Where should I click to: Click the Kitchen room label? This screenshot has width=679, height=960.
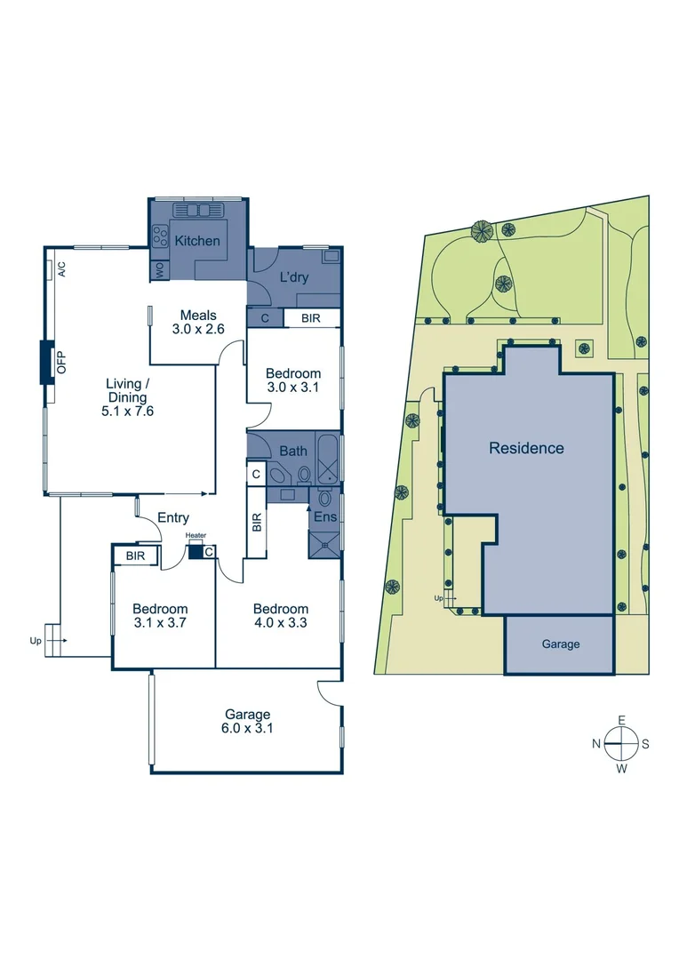click(x=196, y=241)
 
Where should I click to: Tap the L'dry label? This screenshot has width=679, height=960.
click(x=294, y=277)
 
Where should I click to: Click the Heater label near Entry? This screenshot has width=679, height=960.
click(x=196, y=536)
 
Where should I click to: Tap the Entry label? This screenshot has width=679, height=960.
click(x=172, y=517)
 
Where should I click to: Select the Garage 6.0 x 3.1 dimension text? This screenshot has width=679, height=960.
click(x=247, y=728)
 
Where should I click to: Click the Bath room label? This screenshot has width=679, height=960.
click(x=293, y=451)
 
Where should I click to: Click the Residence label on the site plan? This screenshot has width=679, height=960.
click(x=526, y=448)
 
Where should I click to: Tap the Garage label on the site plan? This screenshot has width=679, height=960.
click(x=560, y=644)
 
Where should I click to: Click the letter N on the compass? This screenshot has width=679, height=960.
click(x=598, y=744)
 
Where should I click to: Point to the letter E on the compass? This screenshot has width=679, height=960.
click(x=622, y=720)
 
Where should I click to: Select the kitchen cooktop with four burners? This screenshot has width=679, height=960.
click(x=161, y=236)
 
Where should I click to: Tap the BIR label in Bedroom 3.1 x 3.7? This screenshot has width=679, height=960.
click(x=135, y=556)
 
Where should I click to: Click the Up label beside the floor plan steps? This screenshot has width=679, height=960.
click(x=36, y=640)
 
